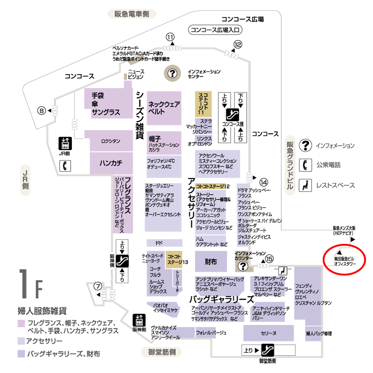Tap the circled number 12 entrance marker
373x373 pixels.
[x=238, y=44]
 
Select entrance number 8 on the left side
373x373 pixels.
[x=41, y=111]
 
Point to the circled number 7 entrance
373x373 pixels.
[x=97, y=286]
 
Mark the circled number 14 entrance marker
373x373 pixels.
[x=264, y=182]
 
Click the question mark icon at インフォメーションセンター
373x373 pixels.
[x=173, y=73]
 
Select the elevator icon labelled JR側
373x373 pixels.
[x=64, y=143]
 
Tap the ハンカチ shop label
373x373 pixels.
[x=111, y=163]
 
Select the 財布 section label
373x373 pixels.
[x=211, y=262]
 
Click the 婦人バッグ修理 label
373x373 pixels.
[x=319, y=334]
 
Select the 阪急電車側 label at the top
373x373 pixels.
[x=131, y=14]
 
